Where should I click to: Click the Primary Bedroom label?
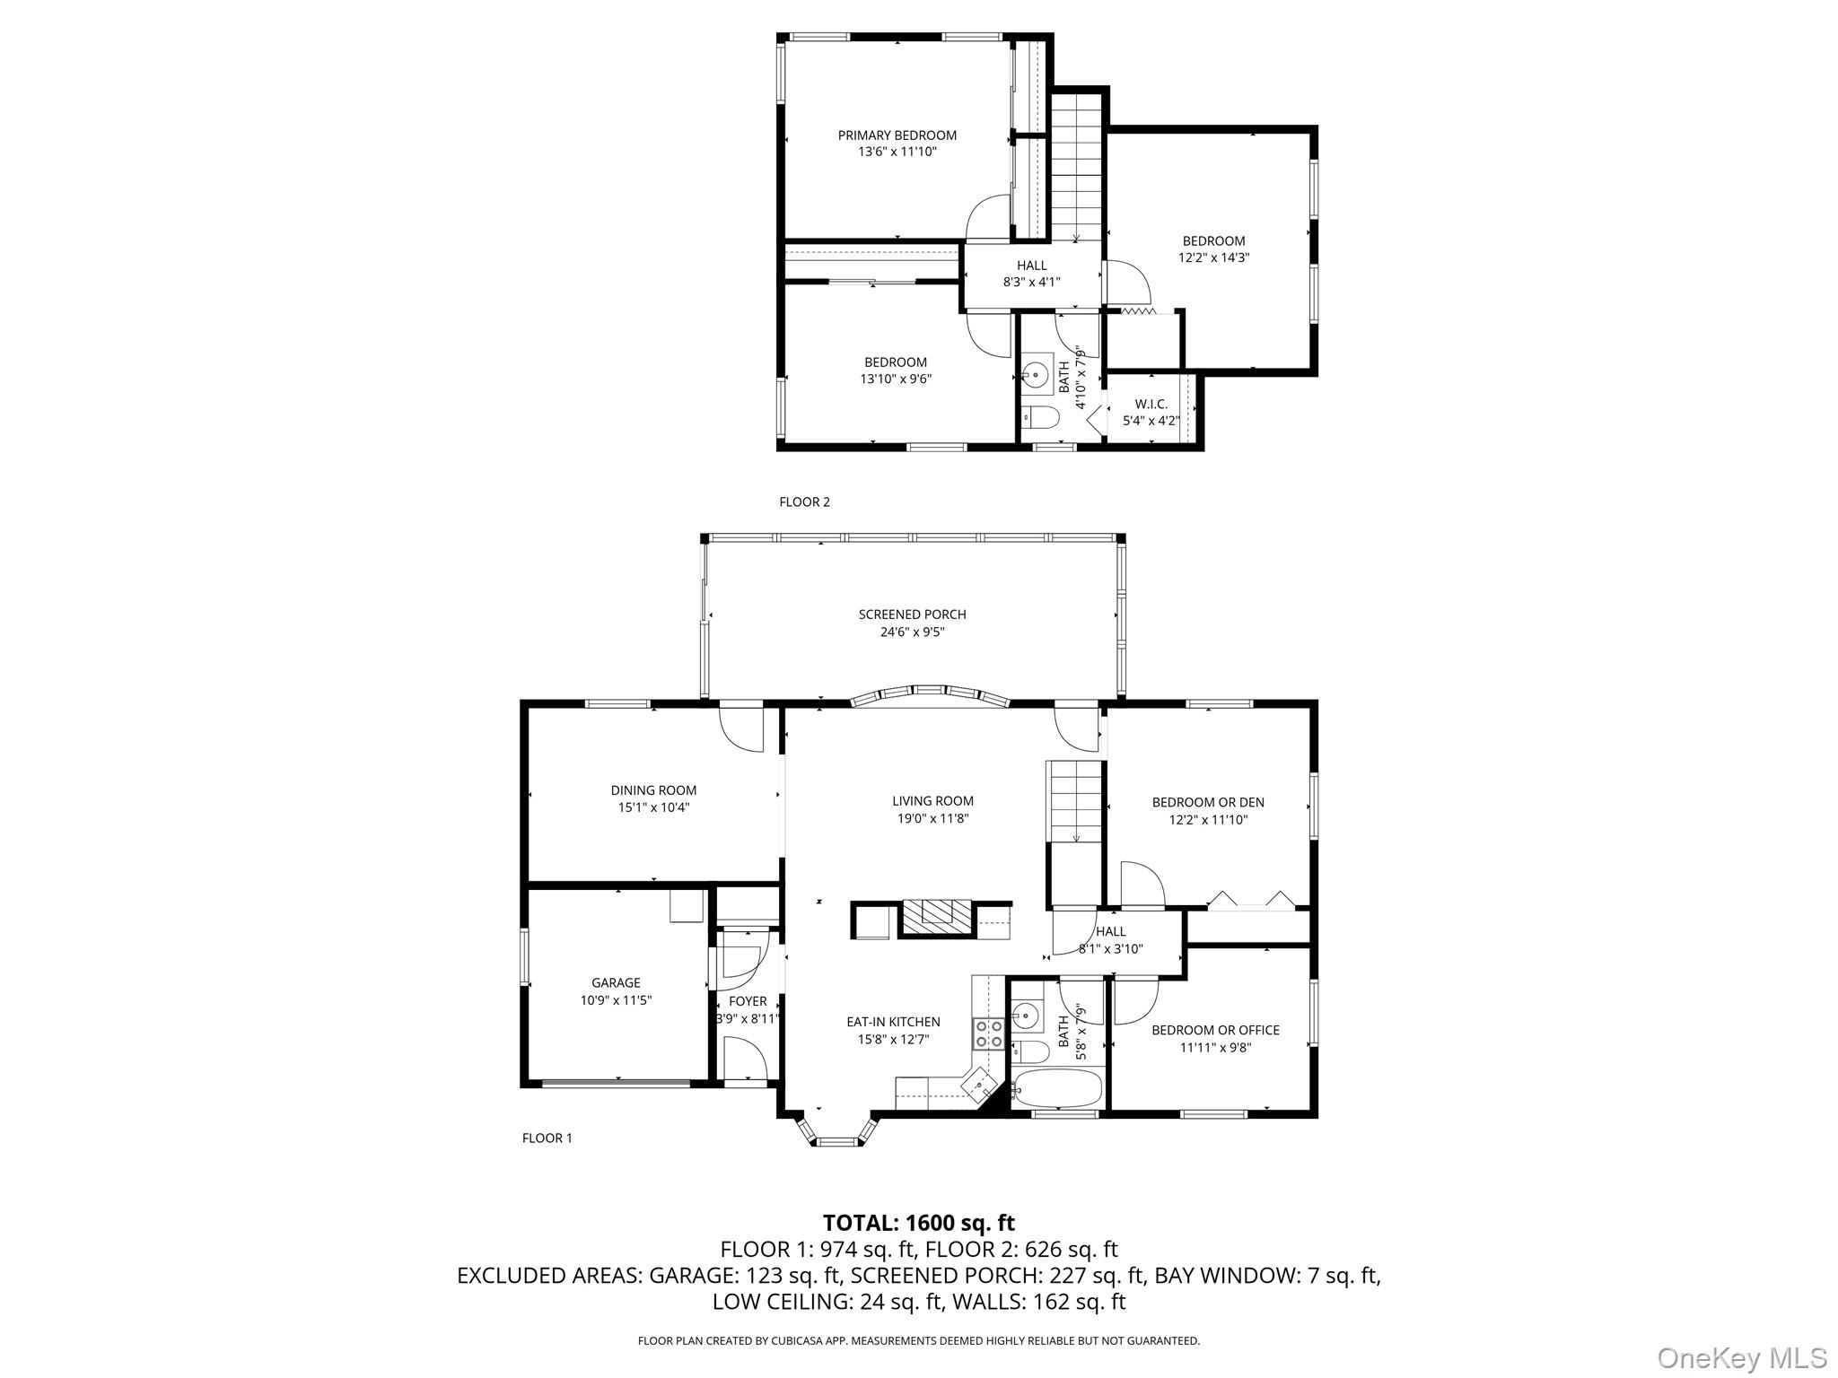pyautogui.click(x=897, y=135)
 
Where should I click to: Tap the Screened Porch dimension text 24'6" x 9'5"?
pyautogui.click(x=912, y=632)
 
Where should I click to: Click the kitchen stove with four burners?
pyautogui.click(x=989, y=1033)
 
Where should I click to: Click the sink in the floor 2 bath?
pyautogui.click(x=1037, y=372)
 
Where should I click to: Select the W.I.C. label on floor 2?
pyautogui.click(x=1151, y=404)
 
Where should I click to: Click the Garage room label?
pyautogui.click(x=616, y=982)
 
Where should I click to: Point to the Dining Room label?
pyautogui.click(x=653, y=790)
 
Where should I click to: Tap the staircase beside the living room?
pyautogui.click(x=1075, y=800)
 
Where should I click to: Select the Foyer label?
pyautogui.click(x=748, y=1001)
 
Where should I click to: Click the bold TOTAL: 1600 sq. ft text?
pyautogui.click(x=918, y=1223)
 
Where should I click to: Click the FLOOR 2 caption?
pyautogui.click(x=804, y=501)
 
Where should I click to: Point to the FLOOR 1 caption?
pyautogui.click(x=547, y=1138)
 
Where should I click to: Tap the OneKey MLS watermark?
pyautogui.click(x=1741, y=1356)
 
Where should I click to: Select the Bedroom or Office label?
pyautogui.click(x=1215, y=1030)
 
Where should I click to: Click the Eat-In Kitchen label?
pyautogui.click(x=893, y=1022)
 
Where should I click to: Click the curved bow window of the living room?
pyautogui.click(x=930, y=695)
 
